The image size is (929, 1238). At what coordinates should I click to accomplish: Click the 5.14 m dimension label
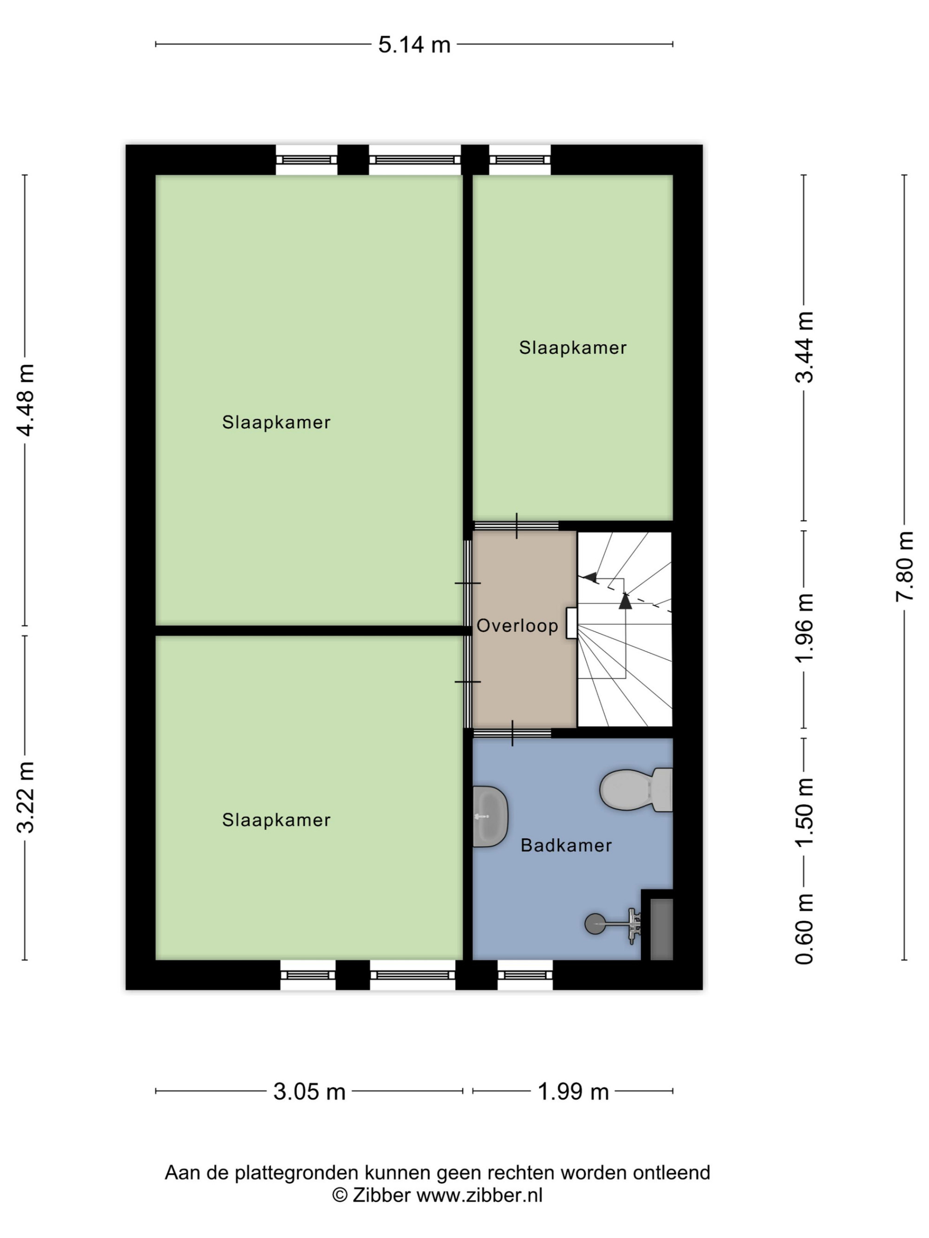tap(414, 45)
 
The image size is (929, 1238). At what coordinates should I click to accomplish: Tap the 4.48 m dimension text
tap(26, 399)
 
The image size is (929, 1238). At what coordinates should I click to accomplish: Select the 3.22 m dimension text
tap(26, 797)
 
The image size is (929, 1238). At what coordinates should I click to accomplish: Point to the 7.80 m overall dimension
tap(904, 566)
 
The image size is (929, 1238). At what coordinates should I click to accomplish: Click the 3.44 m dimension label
tap(804, 347)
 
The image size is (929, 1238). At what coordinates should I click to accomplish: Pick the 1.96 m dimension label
tap(804, 628)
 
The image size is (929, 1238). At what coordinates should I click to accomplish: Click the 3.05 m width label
tap(309, 1091)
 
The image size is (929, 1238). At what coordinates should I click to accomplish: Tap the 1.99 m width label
tap(573, 1091)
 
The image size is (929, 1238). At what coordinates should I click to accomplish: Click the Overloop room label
tap(517, 626)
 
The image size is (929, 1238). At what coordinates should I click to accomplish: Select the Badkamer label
tap(566, 845)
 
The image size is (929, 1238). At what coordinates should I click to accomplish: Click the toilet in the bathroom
tap(636, 789)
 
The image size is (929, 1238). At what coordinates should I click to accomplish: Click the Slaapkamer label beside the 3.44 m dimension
tap(572, 348)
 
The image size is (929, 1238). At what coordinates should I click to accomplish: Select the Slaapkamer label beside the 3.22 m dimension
tap(276, 820)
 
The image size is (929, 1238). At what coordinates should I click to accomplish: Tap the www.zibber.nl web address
tap(479, 1195)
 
